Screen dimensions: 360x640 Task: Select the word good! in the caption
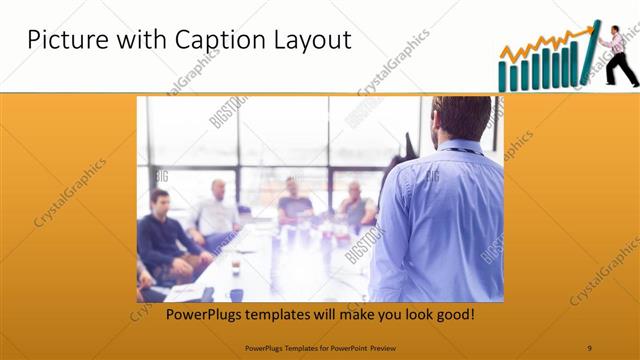click(453, 315)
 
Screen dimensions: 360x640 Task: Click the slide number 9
click(589, 347)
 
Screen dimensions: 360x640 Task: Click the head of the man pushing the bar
click(610, 29)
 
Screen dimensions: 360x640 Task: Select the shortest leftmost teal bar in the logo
click(504, 79)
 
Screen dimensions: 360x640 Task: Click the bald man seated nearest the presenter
click(355, 205)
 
